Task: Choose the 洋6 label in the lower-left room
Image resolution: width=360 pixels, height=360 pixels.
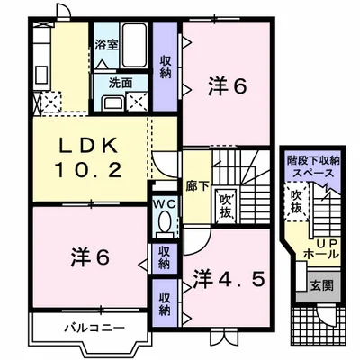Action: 89,256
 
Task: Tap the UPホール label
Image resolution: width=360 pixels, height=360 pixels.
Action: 323,247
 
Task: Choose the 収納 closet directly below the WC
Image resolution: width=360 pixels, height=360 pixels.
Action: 165,257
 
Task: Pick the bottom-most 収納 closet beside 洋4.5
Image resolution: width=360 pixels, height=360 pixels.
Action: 165,301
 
